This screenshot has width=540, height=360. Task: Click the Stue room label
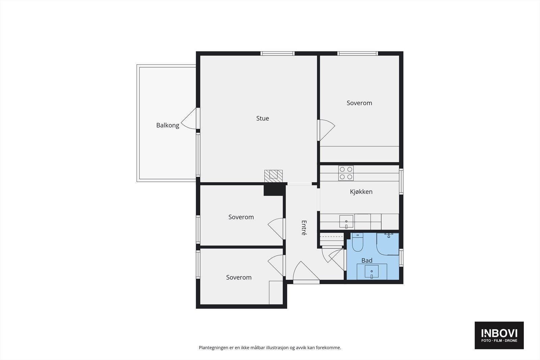(263, 118)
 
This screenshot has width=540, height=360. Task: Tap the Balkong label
(168, 125)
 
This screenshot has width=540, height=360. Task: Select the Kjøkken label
(361, 192)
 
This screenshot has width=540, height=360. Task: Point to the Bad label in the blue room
(367, 260)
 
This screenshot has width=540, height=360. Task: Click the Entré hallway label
(304, 228)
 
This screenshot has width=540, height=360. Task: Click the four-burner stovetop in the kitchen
(346, 173)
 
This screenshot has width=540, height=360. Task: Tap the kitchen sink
(346, 222)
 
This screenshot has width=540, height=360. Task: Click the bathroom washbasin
(371, 272)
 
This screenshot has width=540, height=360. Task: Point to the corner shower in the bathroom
(388, 244)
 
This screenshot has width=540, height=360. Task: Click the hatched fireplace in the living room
(273, 176)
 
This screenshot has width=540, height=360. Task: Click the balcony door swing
(190, 119)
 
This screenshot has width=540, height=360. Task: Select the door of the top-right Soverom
(326, 130)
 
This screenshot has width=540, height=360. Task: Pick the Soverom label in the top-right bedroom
(359, 103)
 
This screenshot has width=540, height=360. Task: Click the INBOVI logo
(499, 335)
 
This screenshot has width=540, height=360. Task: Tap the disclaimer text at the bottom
(270, 348)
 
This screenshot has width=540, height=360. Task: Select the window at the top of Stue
(277, 53)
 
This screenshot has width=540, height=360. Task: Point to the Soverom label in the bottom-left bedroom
(239, 277)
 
